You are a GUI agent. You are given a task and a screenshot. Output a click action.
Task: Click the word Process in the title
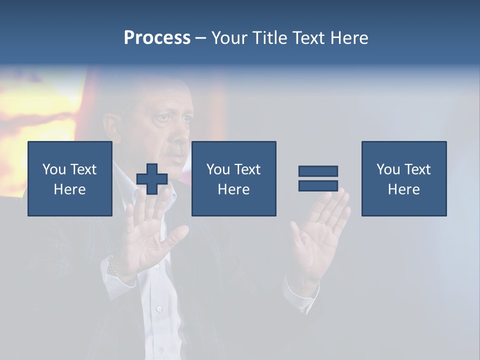tap(157, 38)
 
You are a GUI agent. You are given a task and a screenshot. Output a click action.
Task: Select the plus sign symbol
tap(151, 179)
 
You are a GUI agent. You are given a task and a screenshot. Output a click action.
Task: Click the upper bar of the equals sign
tap(318, 171)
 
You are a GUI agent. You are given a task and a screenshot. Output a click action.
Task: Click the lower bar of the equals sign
tap(318, 185)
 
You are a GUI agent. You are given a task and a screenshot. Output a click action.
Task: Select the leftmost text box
tap(70, 178)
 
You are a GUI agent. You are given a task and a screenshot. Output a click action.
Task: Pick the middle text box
tap(233, 178)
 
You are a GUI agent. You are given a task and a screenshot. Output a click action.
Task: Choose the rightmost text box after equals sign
tap(403, 178)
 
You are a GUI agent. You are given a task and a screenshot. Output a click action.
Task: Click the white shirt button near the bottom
tap(159, 309)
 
